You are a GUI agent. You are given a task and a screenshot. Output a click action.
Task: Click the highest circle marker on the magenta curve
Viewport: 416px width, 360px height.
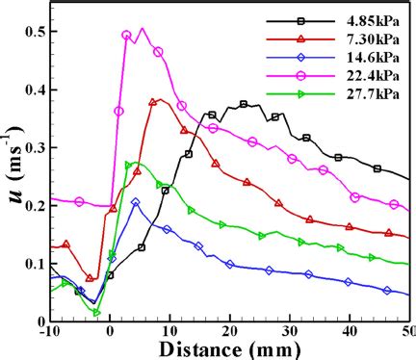(127, 36)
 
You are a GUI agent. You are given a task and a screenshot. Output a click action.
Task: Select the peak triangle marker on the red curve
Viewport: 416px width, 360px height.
(153, 101)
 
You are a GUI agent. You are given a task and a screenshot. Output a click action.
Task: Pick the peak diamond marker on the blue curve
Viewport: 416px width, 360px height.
(136, 202)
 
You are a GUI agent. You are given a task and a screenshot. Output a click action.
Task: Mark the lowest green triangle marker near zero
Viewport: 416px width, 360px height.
(96, 312)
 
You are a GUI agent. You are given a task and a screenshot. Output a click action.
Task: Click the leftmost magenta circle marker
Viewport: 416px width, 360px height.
(79, 202)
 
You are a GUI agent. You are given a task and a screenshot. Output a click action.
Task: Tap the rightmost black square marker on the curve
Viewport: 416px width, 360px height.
(377, 169)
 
